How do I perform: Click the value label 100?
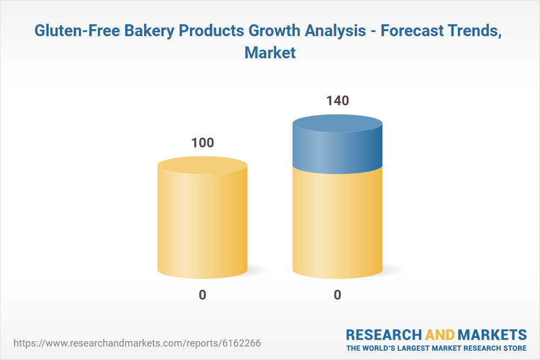point(202,142)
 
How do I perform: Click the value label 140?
point(337,100)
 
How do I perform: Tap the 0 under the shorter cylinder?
point(202,295)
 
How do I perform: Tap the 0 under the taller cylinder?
point(337,295)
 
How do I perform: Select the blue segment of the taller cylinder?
point(337,144)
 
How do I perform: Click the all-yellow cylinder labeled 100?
point(202,218)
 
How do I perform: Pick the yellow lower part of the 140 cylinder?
point(337,223)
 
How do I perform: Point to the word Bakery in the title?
point(150,31)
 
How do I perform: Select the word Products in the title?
point(212,31)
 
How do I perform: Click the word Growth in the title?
point(274,31)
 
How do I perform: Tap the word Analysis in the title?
point(335,31)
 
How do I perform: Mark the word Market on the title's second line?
point(270,53)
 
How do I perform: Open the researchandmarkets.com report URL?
point(137,343)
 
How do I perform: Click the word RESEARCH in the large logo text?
point(383,335)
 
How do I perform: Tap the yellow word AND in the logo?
point(440,335)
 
